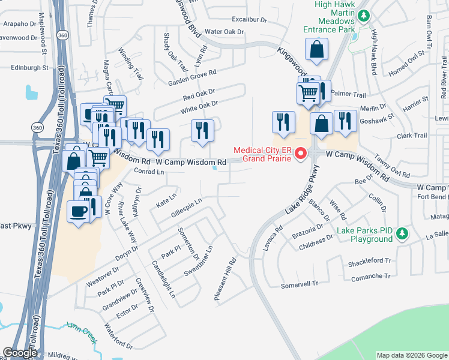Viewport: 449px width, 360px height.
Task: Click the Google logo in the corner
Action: (19, 353)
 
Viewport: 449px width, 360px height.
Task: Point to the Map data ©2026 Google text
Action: (411, 355)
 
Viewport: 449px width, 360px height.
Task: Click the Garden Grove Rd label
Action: (191, 77)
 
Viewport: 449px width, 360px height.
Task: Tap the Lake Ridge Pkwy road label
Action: (300, 198)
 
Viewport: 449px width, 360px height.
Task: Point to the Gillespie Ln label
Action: (186, 205)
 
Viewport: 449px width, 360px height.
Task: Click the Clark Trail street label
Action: (412, 136)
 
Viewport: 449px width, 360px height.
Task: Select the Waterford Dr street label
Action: (118, 336)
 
